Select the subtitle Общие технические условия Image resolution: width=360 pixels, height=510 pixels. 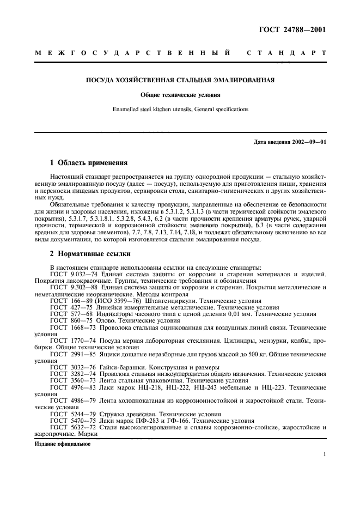coord(180,94)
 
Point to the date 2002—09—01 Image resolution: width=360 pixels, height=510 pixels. coord(307,142)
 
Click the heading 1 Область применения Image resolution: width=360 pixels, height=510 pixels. coord(88,162)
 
